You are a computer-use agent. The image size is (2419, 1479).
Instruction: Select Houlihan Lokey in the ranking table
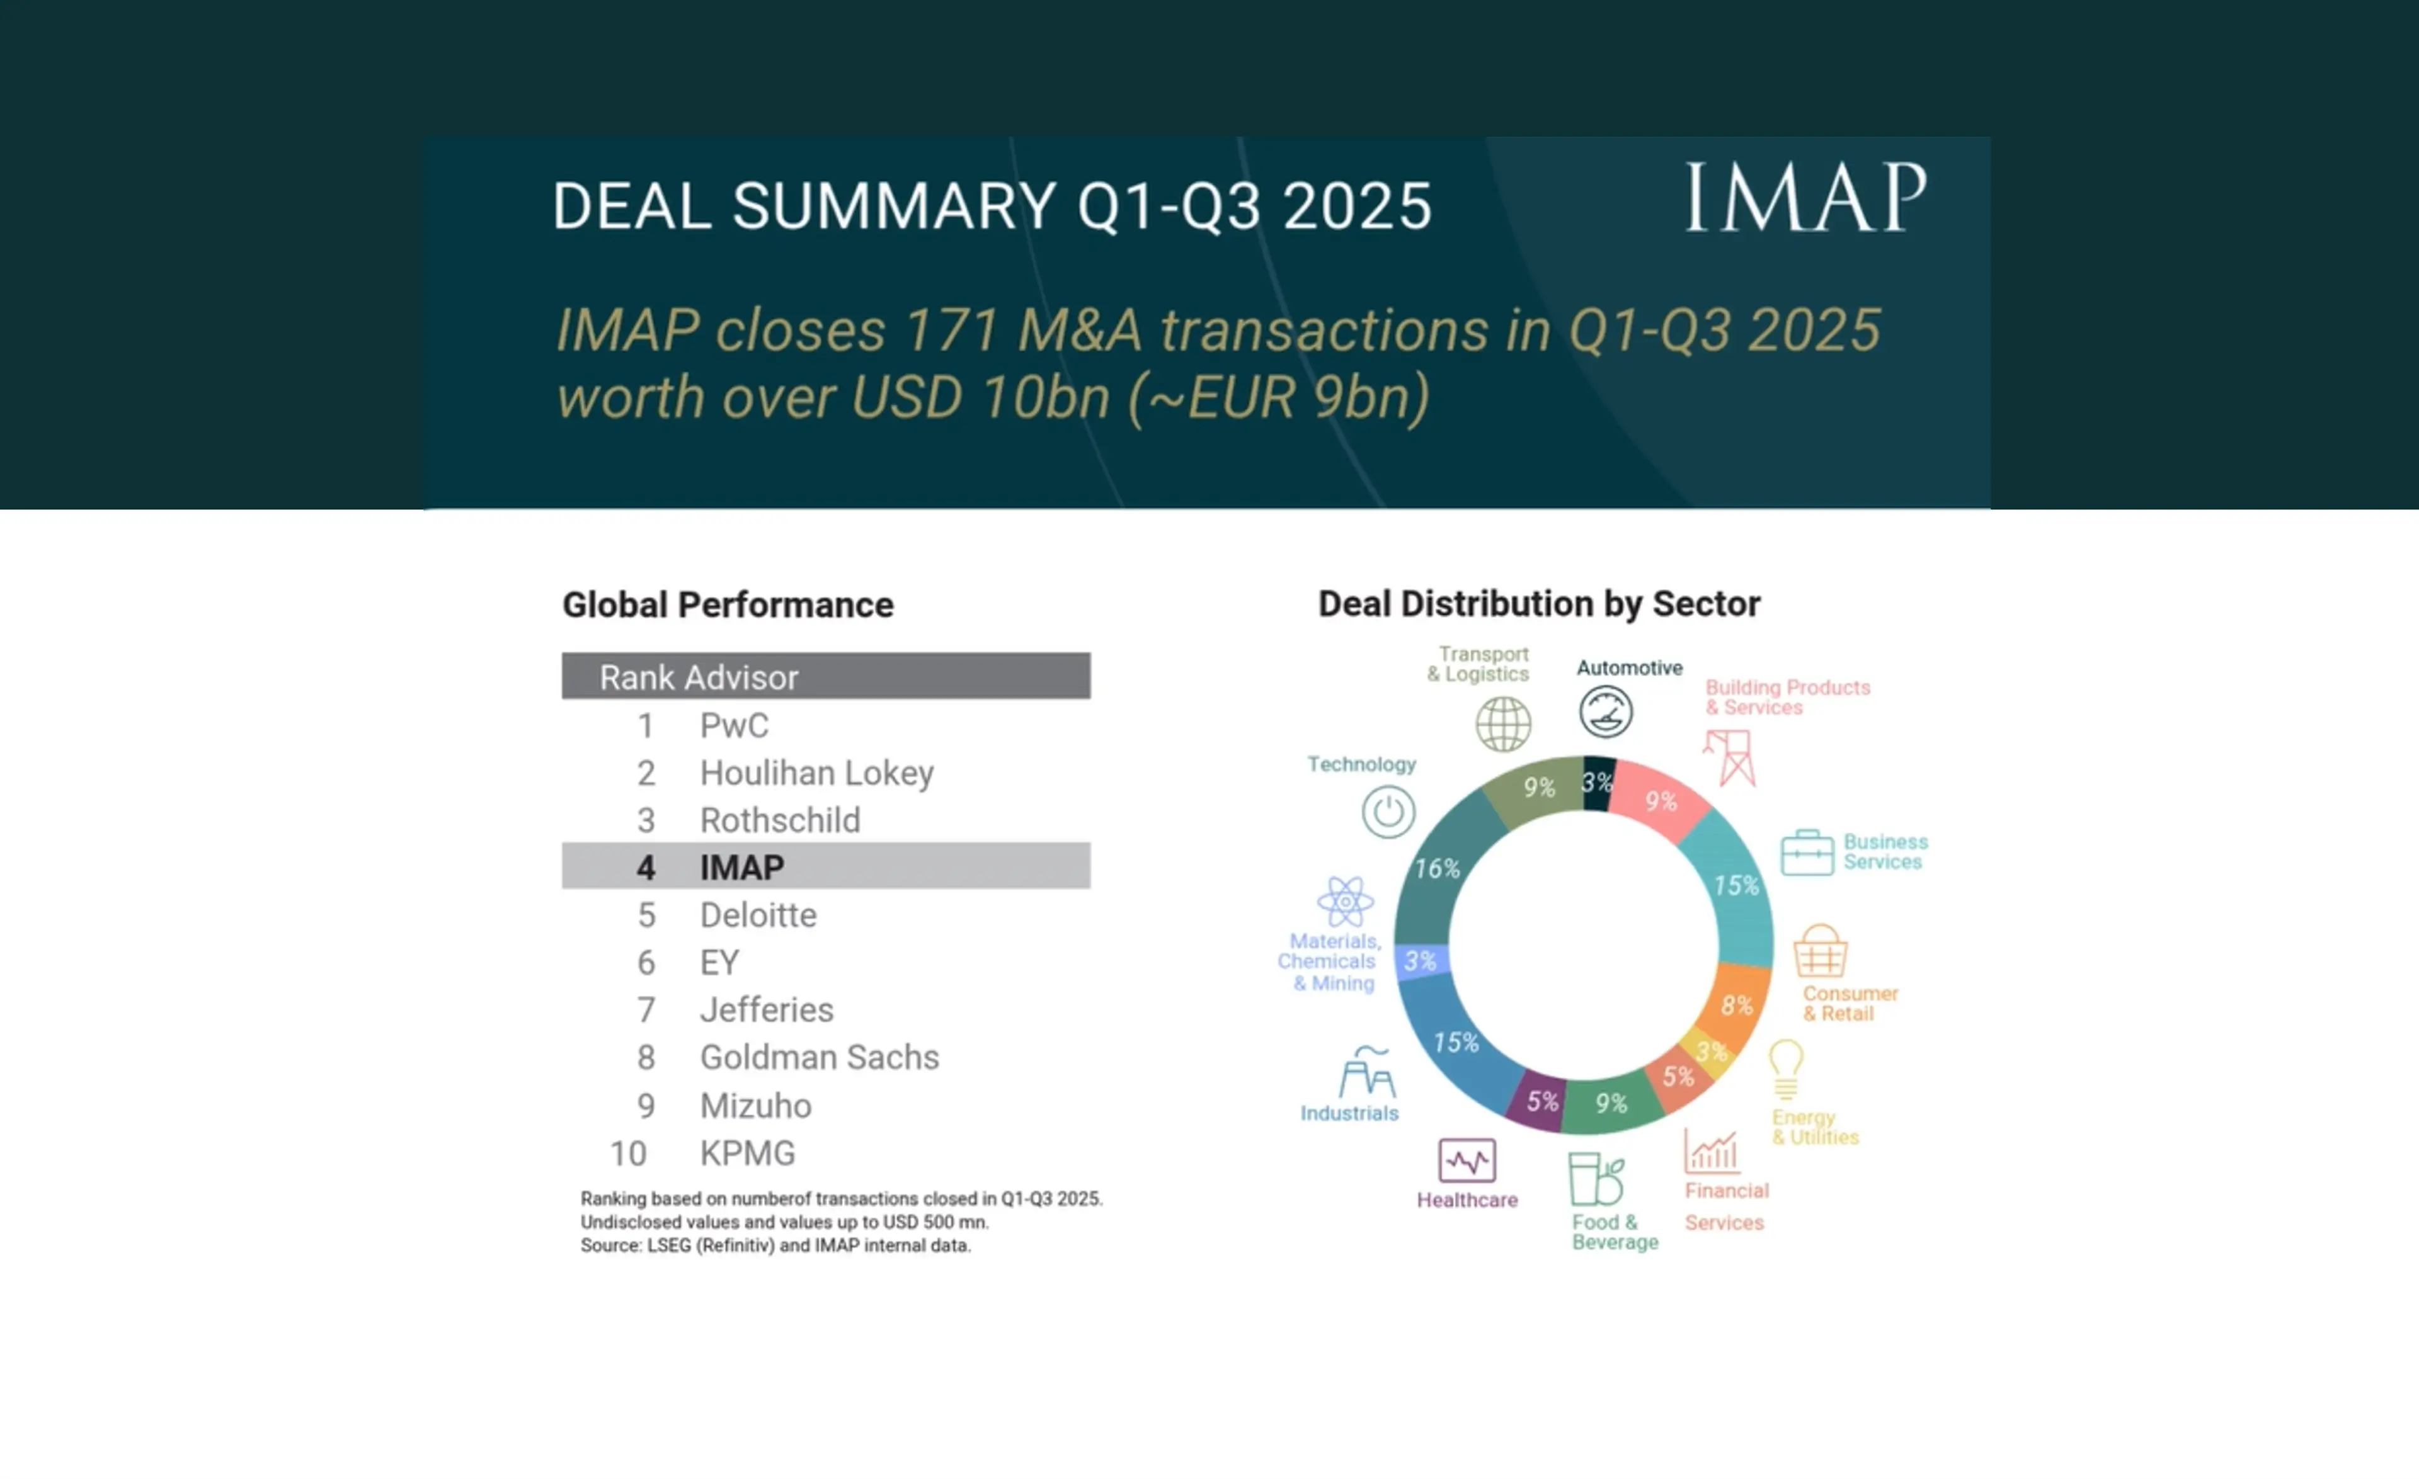coord(816,773)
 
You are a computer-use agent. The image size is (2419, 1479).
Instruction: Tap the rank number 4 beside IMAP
coord(645,868)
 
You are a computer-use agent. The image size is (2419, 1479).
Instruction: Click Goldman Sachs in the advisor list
coord(819,1057)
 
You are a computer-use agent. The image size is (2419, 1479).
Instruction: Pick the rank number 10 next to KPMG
coord(628,1153)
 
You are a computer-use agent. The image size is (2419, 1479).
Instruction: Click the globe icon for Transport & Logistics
coord(1503,724)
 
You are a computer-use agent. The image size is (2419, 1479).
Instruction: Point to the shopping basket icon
coord(1820,950)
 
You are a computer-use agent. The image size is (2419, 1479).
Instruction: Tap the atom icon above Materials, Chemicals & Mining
coord(1345,901)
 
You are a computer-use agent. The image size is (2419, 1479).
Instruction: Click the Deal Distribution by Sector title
coord(1538,604)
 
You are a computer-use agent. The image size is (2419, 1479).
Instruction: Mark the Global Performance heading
coord(728,604)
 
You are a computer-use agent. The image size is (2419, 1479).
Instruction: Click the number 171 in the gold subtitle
coord(951,330)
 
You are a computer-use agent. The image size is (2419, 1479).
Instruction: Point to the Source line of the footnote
coord(775,1245)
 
